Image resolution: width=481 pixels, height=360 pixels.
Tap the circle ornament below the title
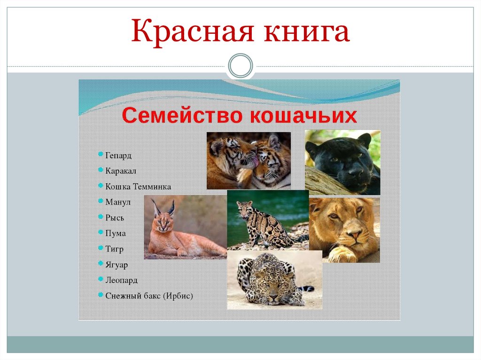coord(240,66)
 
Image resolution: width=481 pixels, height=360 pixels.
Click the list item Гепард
coord(118,155)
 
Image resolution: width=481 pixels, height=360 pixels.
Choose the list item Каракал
coord(121,171)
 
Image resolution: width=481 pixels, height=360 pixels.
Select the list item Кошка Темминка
coord(138,186)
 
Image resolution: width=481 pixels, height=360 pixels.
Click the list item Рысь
coord(115,217)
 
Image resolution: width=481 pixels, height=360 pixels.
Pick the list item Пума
coord(116,233)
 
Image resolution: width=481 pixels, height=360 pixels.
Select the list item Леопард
coord(121,280)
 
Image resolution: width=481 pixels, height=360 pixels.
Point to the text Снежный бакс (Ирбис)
coord(149,296)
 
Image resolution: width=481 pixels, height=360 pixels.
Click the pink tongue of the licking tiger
coord(254,162)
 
